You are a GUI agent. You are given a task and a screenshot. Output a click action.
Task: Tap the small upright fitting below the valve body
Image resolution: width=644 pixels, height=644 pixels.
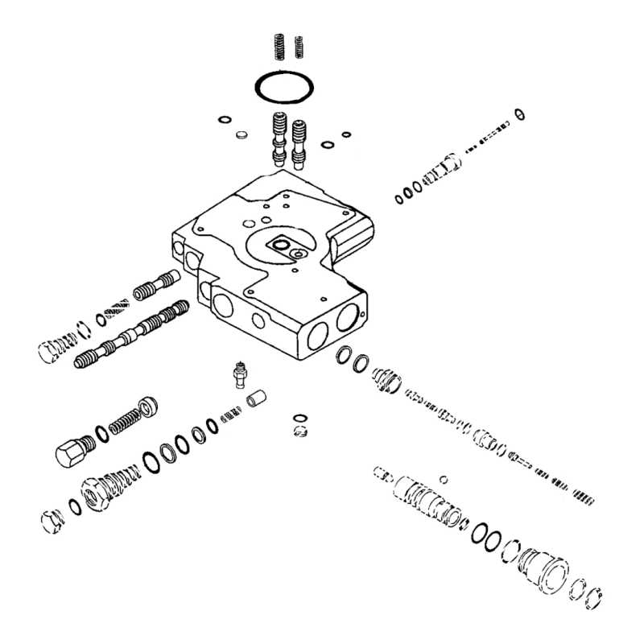[x=239, y=373]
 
